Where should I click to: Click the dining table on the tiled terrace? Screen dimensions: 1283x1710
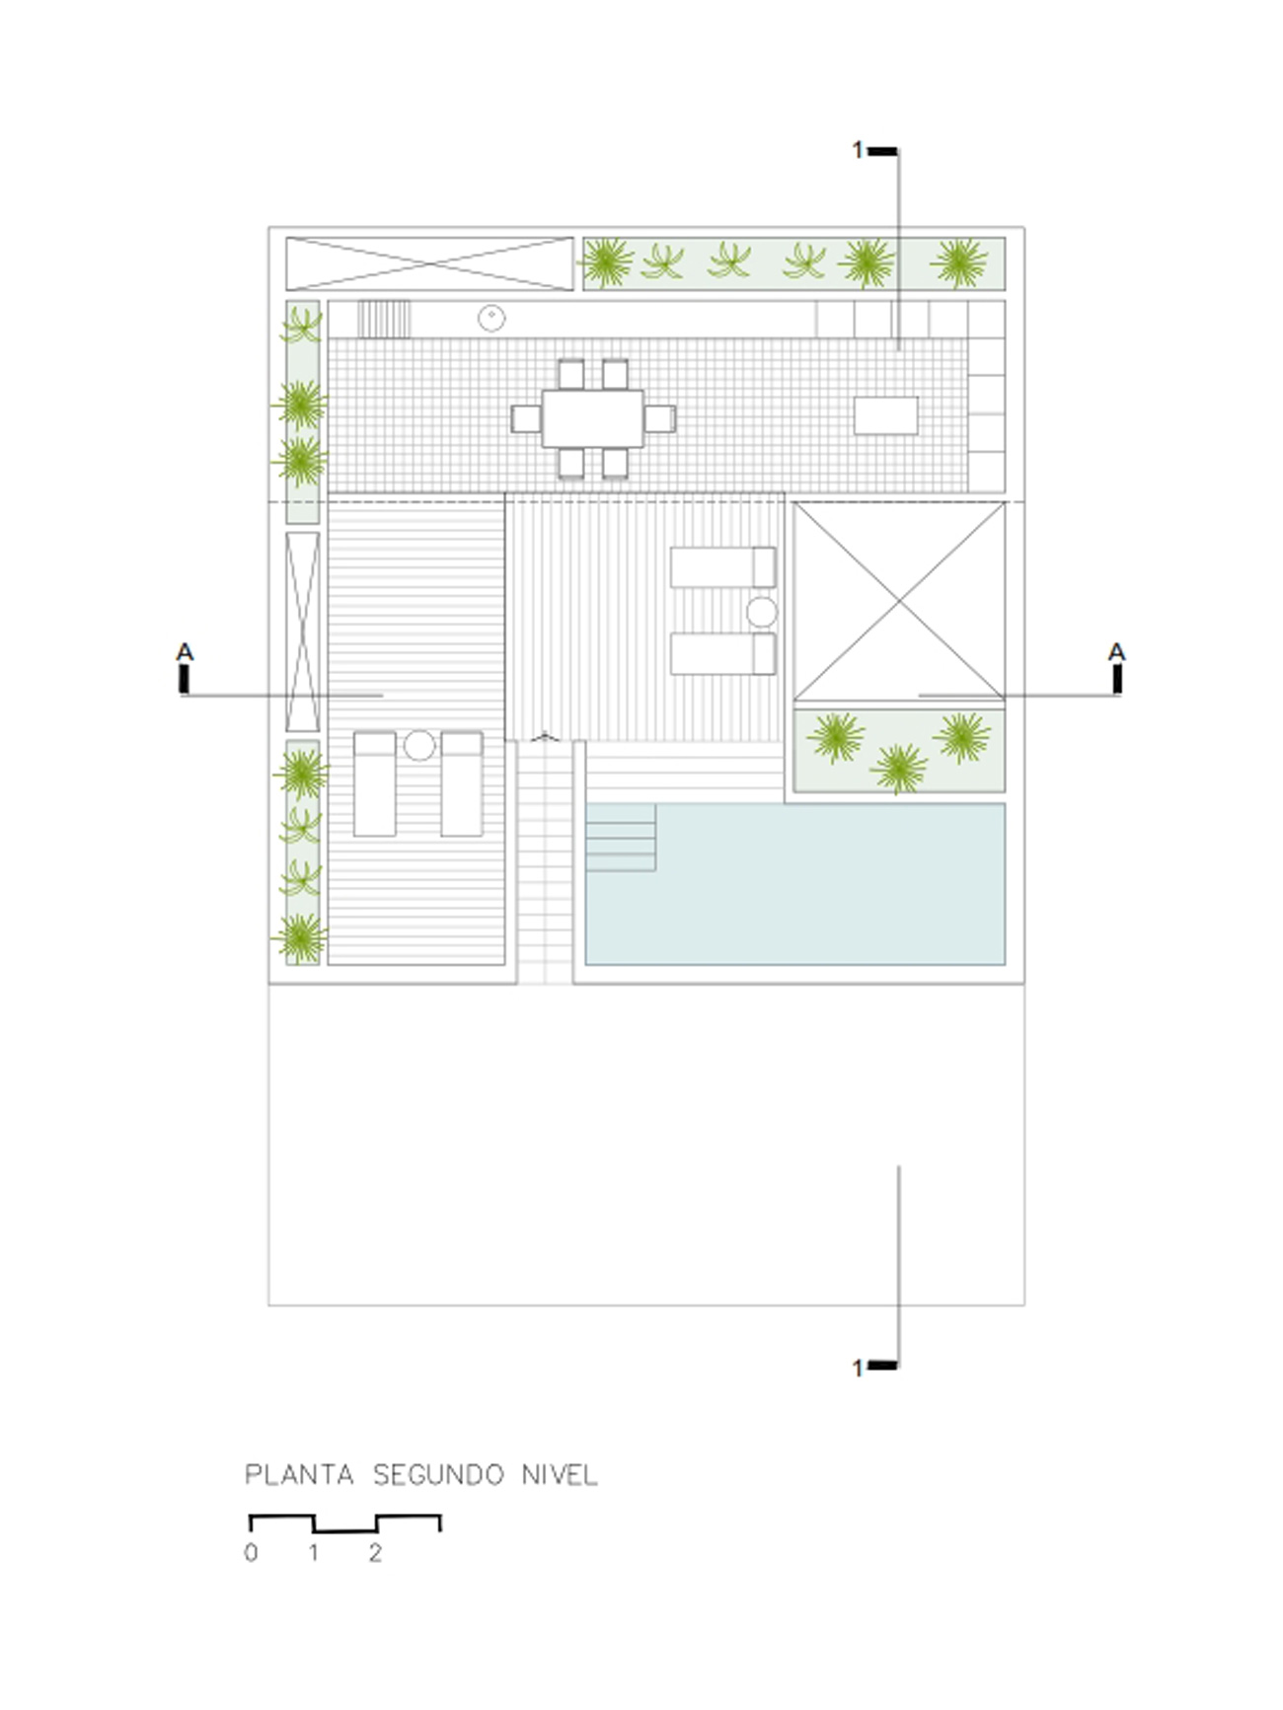point(592,418)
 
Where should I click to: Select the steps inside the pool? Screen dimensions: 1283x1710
point(621,838)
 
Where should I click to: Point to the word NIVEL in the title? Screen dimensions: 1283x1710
point(560,1475)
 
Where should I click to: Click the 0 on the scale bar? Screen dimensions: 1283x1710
point(251,1553)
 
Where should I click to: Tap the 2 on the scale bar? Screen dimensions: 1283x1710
point(375,1553)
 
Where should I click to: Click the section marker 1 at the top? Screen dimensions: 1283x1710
point(858,150)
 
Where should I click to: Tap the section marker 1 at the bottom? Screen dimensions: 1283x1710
point(858,1368)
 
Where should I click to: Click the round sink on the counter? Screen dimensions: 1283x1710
point(491,318)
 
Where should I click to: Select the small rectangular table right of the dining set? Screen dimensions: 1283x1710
point(885,415)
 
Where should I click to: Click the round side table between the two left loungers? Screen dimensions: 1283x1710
point(419,745)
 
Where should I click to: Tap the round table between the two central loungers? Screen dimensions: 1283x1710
point(761,612)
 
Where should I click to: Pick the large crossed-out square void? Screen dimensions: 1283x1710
point(899,601)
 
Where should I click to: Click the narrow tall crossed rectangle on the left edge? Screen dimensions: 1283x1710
point(302,632)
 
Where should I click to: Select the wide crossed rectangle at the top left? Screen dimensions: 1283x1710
point(429,263)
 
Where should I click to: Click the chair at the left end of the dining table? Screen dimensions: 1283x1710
point(526,418)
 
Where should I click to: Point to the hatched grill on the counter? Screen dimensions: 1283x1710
point(384,319)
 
